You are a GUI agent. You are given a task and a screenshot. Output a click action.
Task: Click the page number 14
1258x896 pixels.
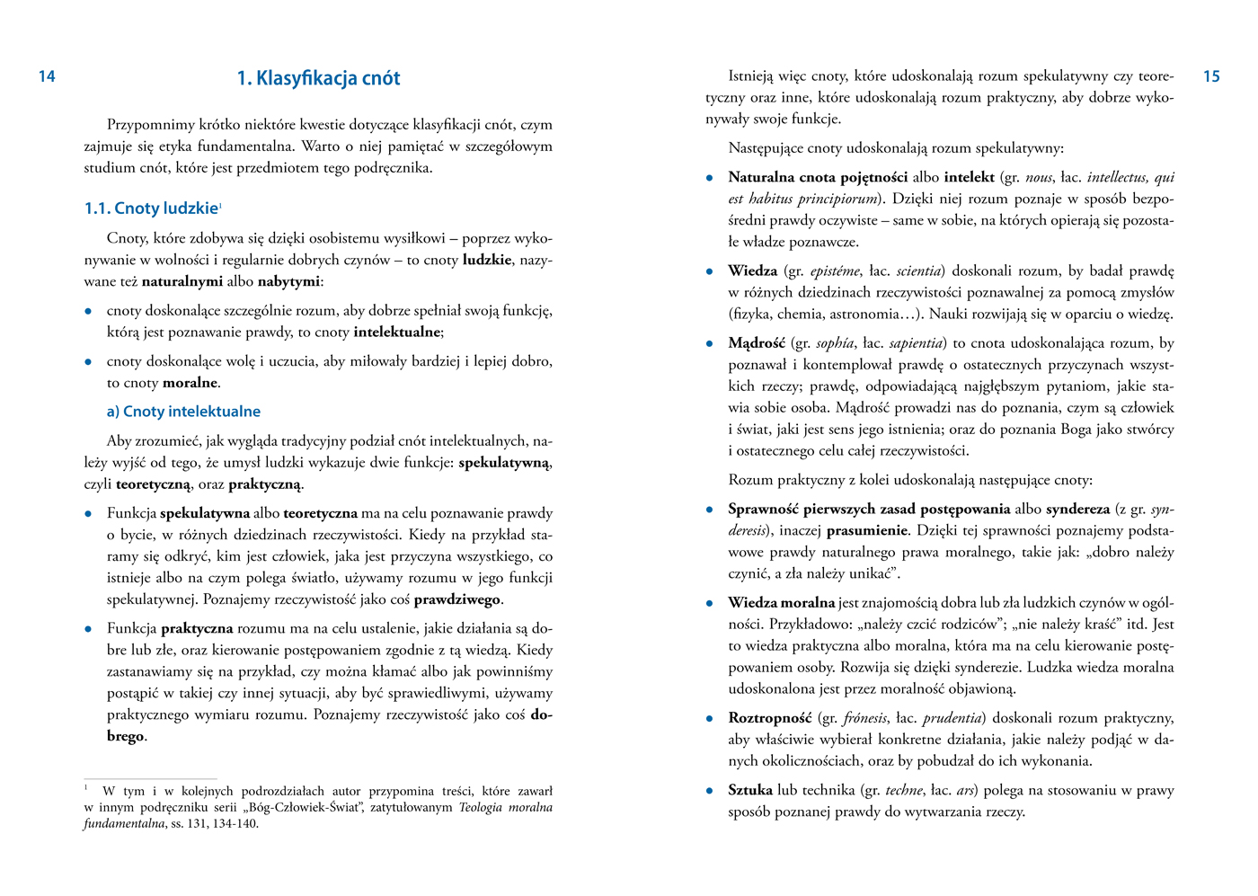coord(47,76)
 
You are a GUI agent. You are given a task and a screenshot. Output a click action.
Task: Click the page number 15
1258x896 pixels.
coord(1211,76)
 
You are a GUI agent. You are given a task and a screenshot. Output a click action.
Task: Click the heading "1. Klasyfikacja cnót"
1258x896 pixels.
coord(318,78)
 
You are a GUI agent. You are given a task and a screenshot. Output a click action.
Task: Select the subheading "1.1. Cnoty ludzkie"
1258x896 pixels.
coord(151,208)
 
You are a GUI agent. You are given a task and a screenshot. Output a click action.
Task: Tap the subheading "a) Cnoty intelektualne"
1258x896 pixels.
coord(183,412)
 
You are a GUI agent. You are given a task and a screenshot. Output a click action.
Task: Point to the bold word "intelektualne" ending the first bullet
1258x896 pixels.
coord(396,333)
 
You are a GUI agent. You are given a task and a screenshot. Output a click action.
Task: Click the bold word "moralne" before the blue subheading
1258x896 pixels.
coord(190,383)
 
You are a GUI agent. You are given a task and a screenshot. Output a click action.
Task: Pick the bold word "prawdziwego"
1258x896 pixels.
coord(456,599)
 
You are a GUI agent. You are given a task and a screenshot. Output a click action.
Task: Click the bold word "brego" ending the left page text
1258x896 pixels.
coord(126,736)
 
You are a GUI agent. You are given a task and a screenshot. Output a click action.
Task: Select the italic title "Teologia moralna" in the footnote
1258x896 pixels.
coord(505,807)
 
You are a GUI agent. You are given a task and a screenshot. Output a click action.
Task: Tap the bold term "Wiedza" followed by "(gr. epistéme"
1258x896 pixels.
coord(752,271)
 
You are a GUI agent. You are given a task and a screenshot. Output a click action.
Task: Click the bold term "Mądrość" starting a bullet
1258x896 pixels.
coord(757,343)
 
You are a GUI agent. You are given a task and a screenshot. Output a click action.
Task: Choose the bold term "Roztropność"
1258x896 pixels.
coord(769,718)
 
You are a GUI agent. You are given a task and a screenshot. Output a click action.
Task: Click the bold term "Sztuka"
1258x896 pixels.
coord(750,790)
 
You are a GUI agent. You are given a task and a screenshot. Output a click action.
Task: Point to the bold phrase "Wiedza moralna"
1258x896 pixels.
coord(781,602)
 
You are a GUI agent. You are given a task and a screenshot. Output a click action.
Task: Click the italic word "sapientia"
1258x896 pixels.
coord(917,343)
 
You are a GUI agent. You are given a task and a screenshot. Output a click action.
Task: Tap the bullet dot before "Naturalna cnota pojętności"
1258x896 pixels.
coord(710,178)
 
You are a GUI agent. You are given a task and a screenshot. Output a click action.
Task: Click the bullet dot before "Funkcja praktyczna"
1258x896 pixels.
coord(88,629)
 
